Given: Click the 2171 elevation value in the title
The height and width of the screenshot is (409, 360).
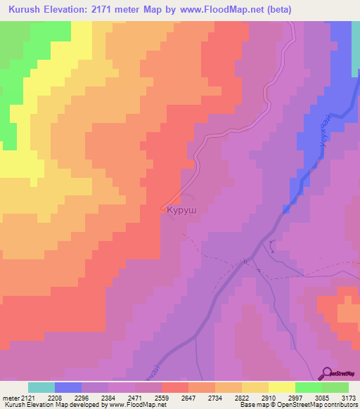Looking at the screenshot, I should coord(115,10).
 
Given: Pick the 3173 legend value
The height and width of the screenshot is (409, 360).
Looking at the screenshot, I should coord(349,398).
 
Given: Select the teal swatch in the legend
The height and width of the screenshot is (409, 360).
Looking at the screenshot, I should coord(41,387).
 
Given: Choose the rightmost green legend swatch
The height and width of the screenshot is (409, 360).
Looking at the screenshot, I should coord(335,387).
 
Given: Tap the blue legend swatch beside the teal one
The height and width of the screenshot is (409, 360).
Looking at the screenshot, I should coord(68,387).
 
